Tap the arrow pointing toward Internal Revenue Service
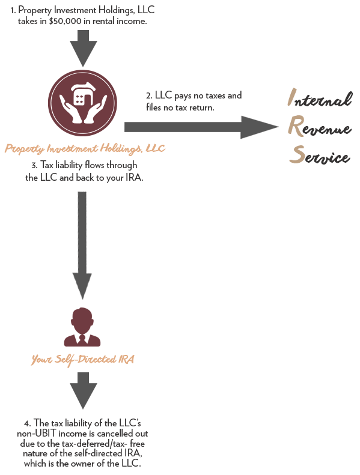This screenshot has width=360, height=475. point(201,127)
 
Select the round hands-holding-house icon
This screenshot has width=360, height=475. point(82,104)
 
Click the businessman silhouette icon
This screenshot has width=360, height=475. point(82,327)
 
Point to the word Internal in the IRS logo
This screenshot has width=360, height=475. point(320,98)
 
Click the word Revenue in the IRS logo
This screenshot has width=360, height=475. point(320,126)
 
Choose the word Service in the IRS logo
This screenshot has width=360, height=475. point(320,155)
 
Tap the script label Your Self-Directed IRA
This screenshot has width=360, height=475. point(83,360)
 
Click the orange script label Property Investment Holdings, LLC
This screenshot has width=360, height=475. point(85,148)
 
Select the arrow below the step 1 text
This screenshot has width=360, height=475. point(84,48)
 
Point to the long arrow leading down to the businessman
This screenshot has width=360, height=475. point(82,246)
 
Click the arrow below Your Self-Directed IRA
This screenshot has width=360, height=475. point(84,391)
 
